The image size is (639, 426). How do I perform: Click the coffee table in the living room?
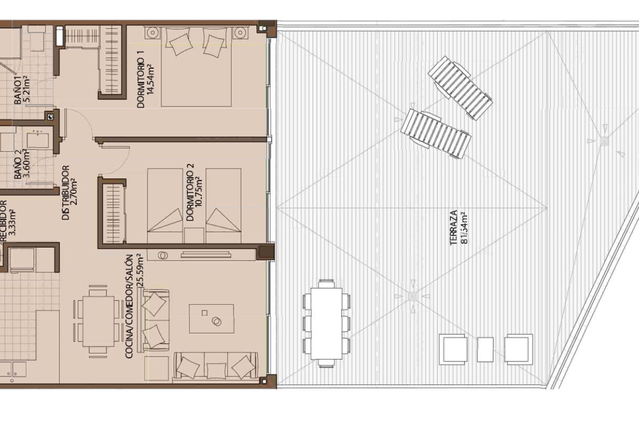[211, 318]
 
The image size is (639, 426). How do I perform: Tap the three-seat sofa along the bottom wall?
[216, 366]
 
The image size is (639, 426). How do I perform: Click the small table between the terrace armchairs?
[485, 349]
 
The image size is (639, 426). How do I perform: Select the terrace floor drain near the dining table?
[412, 296]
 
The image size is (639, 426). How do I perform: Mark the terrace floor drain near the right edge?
[604, 141]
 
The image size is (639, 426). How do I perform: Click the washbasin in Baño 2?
[38, 140]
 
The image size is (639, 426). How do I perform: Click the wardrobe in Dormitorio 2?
[113, 213]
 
